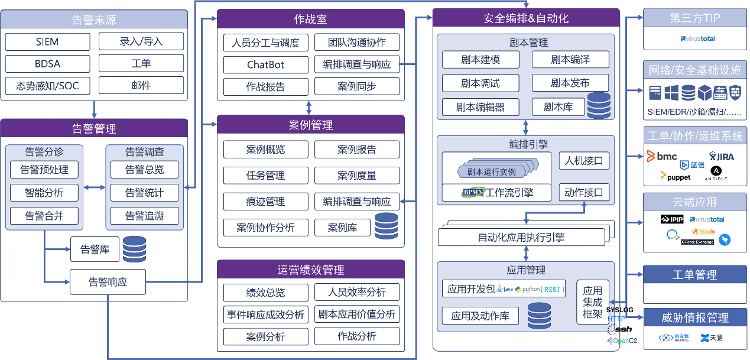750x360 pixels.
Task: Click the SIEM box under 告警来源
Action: tap(48, 42)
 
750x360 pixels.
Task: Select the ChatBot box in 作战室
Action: tap(265, 64)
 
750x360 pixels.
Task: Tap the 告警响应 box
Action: tap(108, 282)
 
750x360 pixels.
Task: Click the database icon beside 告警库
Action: tap(134, 249)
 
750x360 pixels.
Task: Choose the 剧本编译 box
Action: tap(570, 60)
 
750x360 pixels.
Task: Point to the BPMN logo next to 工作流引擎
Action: tap(473, 192)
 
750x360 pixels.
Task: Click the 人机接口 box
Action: tap(584, 160)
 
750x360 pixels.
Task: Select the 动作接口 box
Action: tap(584, 192)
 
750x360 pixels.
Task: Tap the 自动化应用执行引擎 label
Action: tap(521, 238)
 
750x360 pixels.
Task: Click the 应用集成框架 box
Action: tap(592, 302)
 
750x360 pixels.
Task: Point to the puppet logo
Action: tap(675, 176)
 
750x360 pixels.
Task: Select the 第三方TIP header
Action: tap(694, 18)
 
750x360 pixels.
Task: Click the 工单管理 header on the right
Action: tap(694, 275)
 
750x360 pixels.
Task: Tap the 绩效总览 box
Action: tap(265, 293)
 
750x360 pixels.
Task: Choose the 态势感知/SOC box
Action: tap(48, 86)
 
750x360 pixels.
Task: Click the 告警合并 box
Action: tap(44, 216)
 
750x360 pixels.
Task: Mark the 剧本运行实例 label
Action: tap(491, 172)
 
